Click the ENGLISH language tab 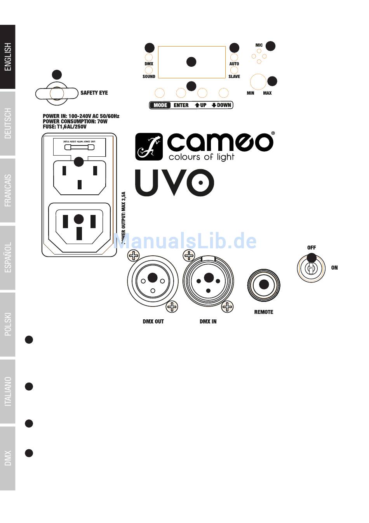tap(8, 57)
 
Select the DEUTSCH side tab tap(8, 123)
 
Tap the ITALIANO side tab tap(8, 391)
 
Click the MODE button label tap(160, 105)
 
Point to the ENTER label tap(181, 105)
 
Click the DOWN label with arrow tap(221, 105)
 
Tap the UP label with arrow tap(201, 105)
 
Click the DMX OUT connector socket tap(153, 281)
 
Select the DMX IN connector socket tap(209, 281)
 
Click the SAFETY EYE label tap(94, 93)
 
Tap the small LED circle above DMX tap(148, 57)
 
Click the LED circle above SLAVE tap(234, 70)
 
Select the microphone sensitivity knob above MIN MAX tap(258, 82)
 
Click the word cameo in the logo tap(220, 142)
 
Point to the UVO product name tap(174, 182)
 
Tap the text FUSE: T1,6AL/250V tap(64, 126)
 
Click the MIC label tap(259, 45)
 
